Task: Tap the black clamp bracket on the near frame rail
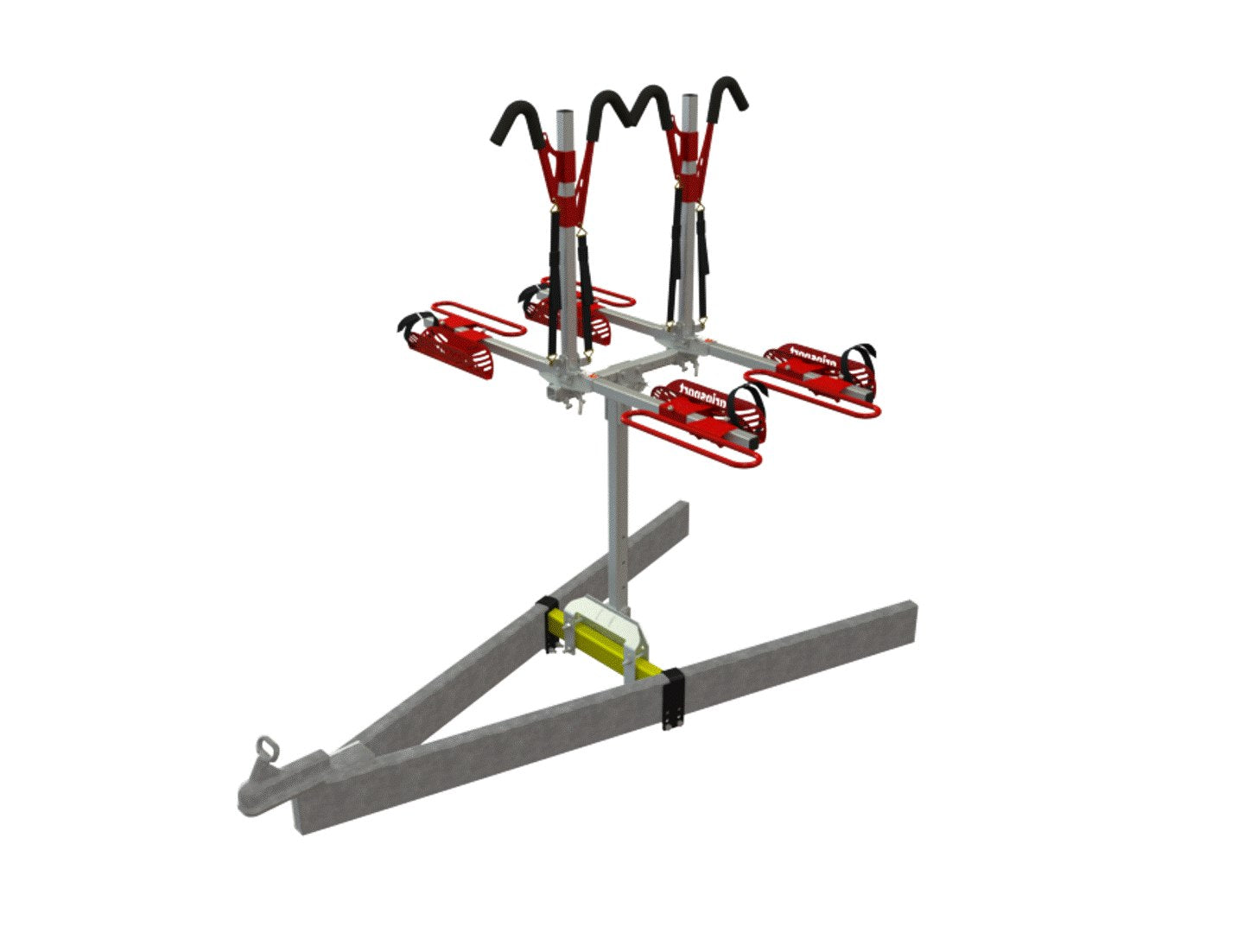(674, 698)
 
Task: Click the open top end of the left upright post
(563, 115)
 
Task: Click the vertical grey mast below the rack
(616, 510)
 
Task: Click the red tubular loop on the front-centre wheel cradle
(682, 441)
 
